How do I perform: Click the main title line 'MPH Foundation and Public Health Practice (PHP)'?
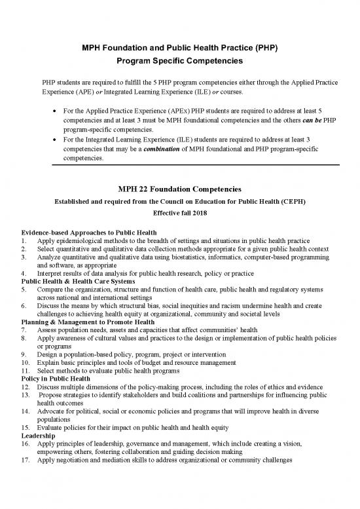pyautogui.click(x=180, y=48)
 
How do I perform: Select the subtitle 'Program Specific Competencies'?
pyautogui.click(x=180, y=63)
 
